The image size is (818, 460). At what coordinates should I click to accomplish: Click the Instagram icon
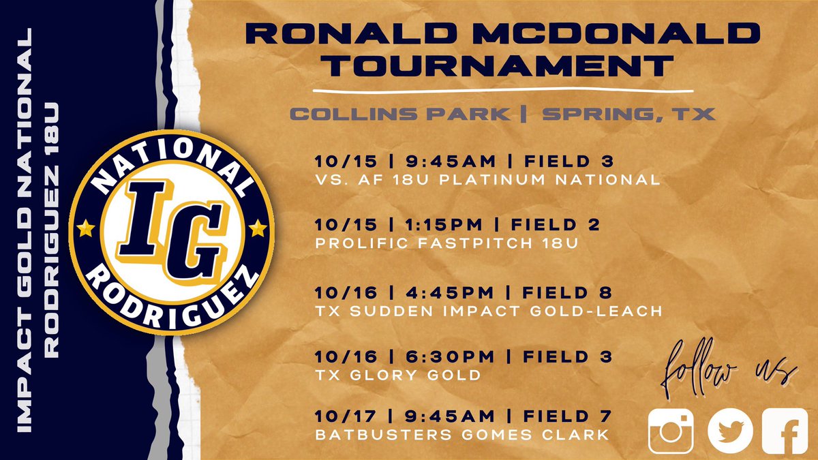[671, 431]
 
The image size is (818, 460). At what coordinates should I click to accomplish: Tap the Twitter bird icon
[730, 431]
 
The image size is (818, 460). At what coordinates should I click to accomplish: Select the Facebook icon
[785, 431]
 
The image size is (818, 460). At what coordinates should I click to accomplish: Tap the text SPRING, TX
[628, 114]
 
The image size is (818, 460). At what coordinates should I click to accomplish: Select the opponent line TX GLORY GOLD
[398, 375]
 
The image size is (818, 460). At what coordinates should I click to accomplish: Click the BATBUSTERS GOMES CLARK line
[461, 434]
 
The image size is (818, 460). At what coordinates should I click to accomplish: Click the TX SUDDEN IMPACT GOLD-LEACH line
[489, 311]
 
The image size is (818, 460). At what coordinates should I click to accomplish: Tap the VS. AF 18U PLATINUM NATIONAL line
[487, 180]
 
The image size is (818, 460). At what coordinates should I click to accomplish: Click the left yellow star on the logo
[87, 226]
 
